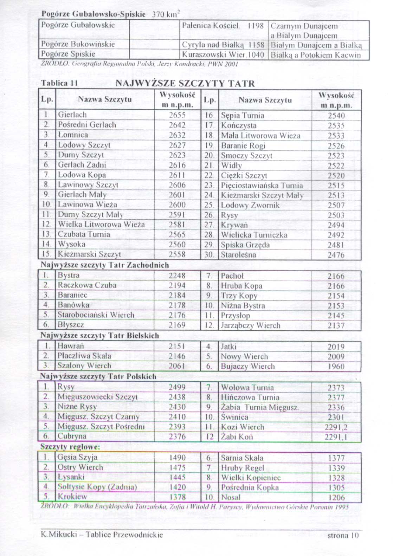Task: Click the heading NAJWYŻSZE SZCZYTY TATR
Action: click(185, 84)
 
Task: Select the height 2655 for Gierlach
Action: click(177, 115)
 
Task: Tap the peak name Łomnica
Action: click(73, 135)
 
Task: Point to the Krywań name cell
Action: click(234, 225)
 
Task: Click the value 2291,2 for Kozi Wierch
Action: click(336, 427)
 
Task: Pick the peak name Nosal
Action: click(231, 497)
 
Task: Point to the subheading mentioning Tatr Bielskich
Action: click(100, 336)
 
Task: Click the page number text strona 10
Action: click(343, 536)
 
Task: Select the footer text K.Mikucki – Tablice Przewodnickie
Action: click(102, 535)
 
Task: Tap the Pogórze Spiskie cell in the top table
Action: click(68, 54)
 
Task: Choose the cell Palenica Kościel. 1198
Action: click(223, 26)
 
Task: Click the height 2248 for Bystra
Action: click(177, 276)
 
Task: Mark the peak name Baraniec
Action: click(72, 295)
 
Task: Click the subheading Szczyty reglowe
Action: click(70, 447)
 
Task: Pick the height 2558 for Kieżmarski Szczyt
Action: click(177, 254)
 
